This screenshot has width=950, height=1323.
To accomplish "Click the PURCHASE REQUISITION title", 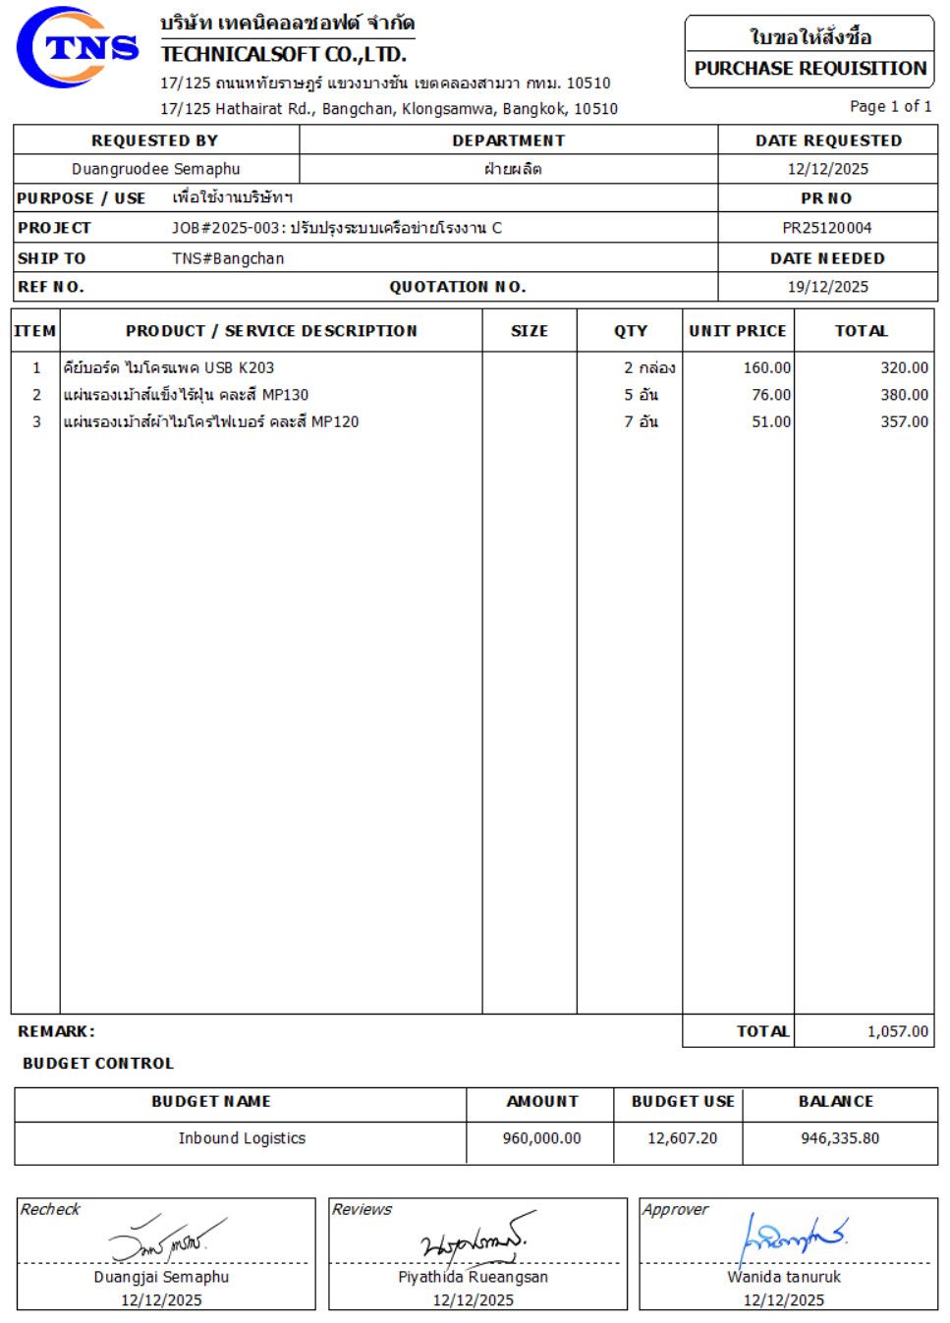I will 810,69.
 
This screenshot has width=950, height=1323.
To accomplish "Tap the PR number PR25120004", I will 827,228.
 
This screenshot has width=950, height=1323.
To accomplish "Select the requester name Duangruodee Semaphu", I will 155,169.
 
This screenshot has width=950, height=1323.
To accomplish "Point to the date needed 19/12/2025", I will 827,287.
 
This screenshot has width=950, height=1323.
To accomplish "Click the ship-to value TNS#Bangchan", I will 228,258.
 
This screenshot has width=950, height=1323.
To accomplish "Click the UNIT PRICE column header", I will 737,331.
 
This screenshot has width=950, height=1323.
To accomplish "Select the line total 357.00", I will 904,421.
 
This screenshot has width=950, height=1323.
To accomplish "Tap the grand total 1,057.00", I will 897,1031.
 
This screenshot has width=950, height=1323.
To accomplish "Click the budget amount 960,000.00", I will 541,1138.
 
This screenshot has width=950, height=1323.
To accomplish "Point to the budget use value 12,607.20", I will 682,1138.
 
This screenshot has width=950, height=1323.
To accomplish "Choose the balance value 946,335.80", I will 840,1138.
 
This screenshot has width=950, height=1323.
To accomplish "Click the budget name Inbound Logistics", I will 242,1138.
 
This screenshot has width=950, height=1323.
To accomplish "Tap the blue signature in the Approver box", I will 791,1239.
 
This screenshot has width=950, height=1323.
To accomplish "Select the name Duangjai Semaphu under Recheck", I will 161,1277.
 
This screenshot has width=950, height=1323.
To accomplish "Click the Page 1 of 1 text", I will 890,106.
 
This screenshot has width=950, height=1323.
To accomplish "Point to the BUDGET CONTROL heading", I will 98,1063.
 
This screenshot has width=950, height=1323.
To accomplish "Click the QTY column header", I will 630,331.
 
